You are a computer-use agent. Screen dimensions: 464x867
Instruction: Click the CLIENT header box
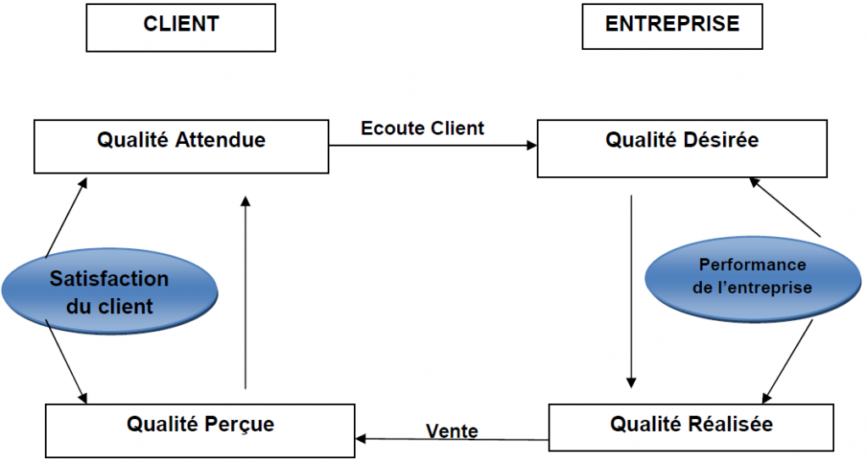click(x=180, y=25)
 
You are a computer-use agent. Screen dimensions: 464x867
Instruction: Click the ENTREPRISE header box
click(x=671, y=25)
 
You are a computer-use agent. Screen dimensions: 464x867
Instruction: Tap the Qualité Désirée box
click(x=681, y=146)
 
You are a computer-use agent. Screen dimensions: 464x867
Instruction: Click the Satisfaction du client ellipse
click(x=108, y=292)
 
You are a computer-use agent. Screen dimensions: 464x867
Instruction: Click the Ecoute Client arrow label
click(x=422, y=129)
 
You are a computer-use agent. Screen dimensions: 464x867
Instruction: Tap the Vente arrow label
click(x=451, y=432)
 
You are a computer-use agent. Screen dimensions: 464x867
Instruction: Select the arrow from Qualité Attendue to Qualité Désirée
click(x=433, y=146)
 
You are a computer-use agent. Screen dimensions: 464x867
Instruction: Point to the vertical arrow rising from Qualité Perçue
click(x=246, y=292)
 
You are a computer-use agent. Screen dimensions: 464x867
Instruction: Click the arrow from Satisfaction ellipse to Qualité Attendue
click(x=66, y=216)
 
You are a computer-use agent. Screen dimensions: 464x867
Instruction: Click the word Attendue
click(x=224, y=140)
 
